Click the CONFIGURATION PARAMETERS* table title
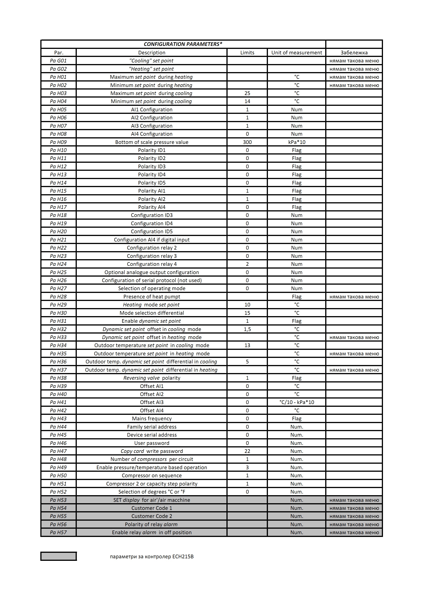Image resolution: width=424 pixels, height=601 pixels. click(183, 44)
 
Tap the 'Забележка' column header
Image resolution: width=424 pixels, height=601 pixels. click(354, 53)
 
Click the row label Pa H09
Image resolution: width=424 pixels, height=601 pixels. click(58, 142)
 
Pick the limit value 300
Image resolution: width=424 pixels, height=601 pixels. click(247, 142)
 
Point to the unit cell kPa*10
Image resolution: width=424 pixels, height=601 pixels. click(297, 142)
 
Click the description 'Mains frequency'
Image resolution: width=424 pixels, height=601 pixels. click(152, 418)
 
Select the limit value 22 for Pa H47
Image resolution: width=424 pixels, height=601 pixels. click(247, 451)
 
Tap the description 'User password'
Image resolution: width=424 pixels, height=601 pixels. click(152, 443)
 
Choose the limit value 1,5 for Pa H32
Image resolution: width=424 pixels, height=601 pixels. click(247, 329)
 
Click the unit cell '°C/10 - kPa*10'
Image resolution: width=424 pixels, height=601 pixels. click(297, 402)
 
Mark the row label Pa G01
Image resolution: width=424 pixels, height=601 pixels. click(58, 61)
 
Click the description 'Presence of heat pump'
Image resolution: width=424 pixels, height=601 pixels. click(152, 297)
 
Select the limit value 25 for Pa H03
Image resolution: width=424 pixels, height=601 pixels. click(247, 93)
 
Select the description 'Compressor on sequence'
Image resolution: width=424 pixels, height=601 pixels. click(152, 475)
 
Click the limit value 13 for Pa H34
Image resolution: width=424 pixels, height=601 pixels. click(247, 345)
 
